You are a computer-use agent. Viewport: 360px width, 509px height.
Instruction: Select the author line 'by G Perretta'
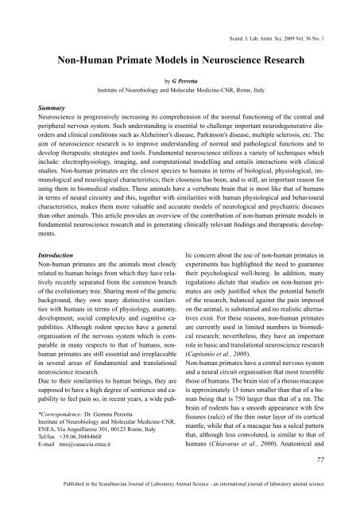point(180,81)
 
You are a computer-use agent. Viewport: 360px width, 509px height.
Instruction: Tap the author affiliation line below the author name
point(180,91)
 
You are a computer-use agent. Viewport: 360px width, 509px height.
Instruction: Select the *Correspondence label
point(53,437)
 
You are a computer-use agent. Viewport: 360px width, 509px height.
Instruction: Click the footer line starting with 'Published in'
point(180,501)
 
